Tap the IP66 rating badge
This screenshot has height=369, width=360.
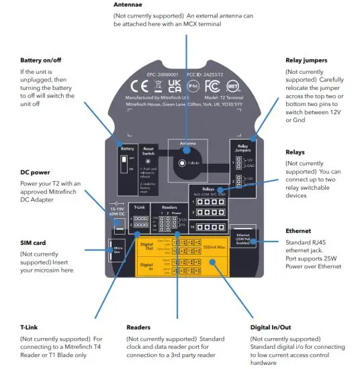(192, 86)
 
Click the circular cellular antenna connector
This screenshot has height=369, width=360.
(181, 162)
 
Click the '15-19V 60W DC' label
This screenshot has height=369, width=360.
(117, 214)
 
